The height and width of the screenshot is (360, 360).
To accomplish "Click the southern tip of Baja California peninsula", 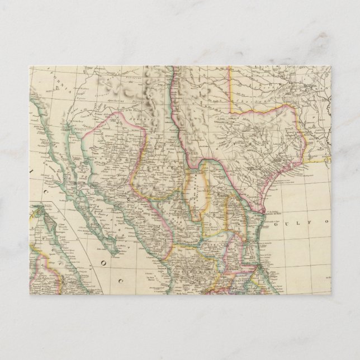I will (116, 253).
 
